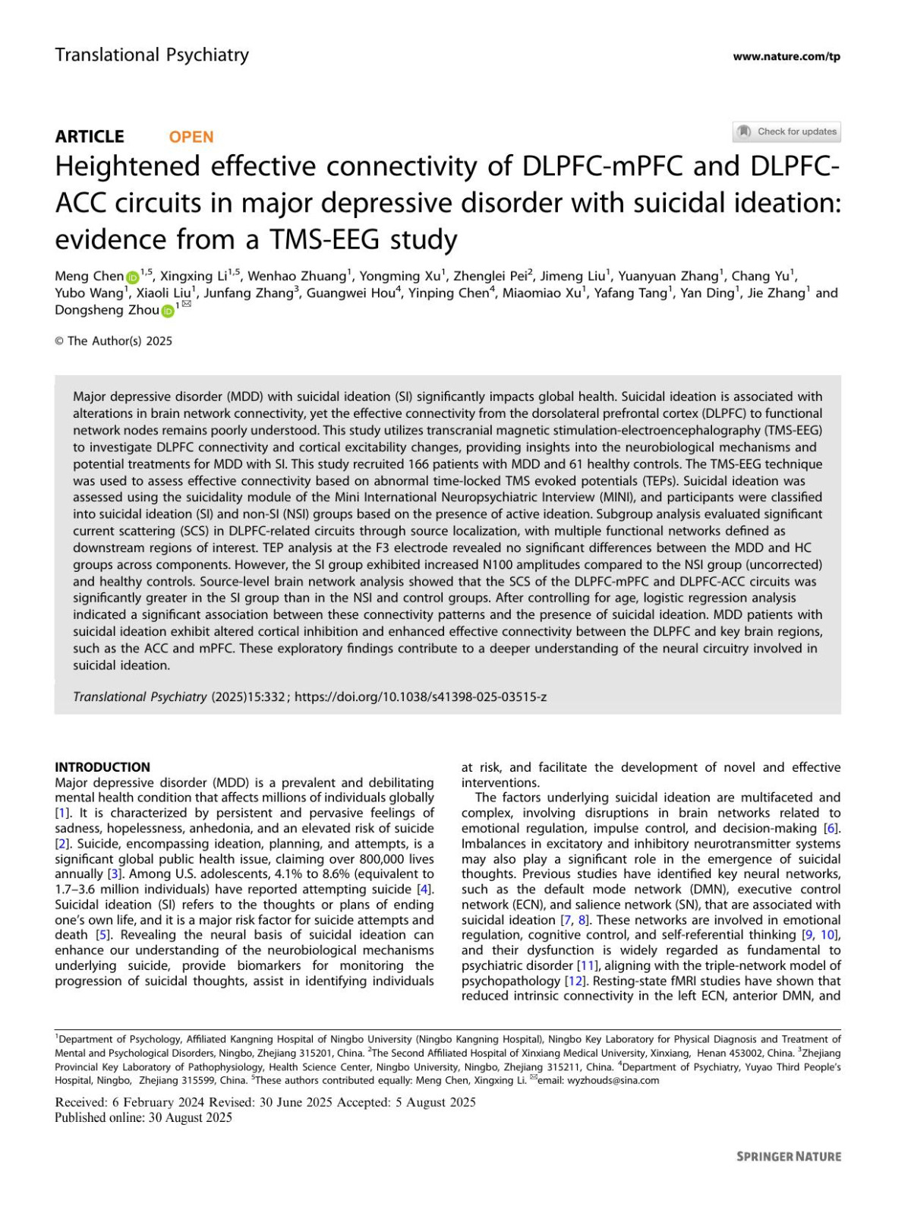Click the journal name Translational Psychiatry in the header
152,55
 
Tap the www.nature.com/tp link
786,56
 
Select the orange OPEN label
191,137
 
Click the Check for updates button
786,131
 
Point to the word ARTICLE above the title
90,137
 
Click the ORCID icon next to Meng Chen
132,277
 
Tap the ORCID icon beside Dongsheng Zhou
168,311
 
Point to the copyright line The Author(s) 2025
114,341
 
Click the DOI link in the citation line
421,697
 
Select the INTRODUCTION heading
102,767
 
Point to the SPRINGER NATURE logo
789,1156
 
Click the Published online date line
143,1117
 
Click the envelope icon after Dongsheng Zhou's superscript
187,305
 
